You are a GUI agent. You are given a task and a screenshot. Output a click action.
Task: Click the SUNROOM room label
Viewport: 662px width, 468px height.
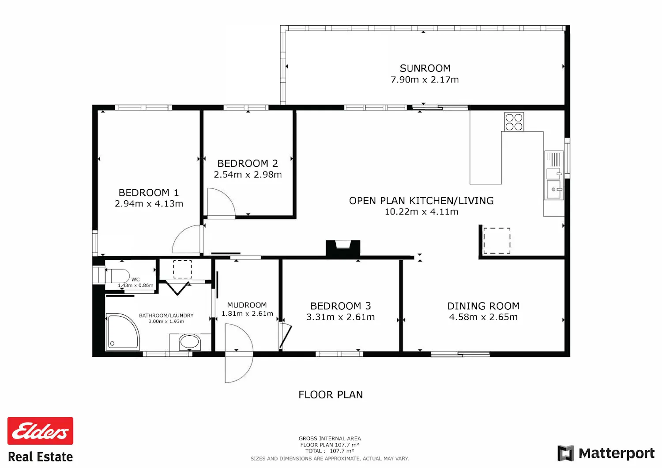coord(425,68)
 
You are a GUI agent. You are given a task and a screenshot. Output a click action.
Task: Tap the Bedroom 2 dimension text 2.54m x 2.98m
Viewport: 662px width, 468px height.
coord(248,175)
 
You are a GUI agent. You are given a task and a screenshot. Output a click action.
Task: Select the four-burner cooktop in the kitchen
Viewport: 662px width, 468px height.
coord(514,122)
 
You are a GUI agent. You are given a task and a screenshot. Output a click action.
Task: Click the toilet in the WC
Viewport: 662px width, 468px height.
coord(117,276)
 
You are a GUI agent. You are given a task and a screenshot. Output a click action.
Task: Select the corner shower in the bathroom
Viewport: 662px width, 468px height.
coord(122,332)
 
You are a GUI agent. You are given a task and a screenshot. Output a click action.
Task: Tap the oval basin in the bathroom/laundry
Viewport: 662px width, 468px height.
coord(190,342)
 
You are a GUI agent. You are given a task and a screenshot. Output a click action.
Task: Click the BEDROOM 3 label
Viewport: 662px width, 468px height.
coord(340,306)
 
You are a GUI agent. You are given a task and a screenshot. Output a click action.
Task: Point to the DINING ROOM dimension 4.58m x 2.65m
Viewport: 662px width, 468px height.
coord(483,317)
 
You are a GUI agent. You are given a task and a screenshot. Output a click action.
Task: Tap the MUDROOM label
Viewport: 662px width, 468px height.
coord(247,305)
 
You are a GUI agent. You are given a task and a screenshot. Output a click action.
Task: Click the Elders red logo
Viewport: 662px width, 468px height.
coord(40,431)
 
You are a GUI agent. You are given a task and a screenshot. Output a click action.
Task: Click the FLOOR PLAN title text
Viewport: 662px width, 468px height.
coord(331,395)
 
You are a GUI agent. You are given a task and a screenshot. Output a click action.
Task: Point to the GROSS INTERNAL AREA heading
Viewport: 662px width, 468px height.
coord(330,438)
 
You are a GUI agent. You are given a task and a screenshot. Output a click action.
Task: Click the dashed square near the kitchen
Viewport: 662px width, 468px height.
coord(497,240)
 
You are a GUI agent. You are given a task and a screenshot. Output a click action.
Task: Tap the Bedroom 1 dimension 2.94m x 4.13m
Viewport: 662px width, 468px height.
coord(149,204)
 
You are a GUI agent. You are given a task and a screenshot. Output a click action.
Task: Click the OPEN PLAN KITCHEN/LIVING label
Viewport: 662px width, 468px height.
coord(421,201)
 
